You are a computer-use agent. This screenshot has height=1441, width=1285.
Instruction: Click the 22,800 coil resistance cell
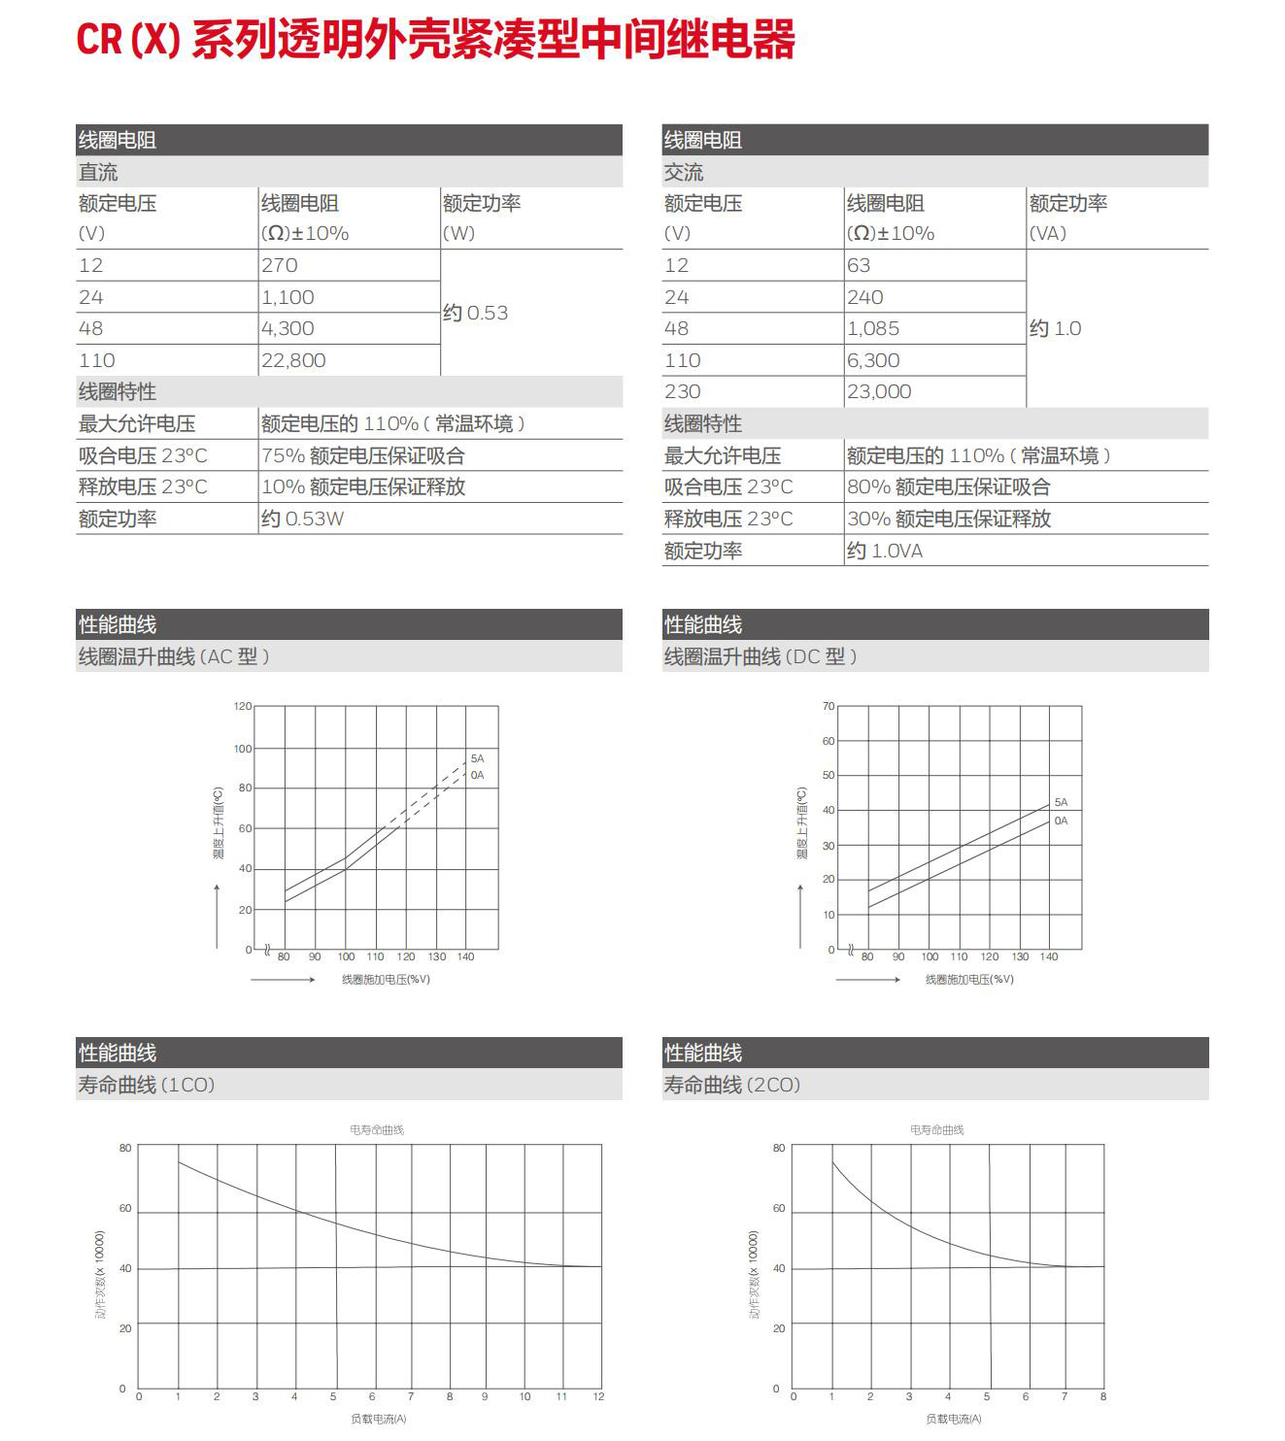293,360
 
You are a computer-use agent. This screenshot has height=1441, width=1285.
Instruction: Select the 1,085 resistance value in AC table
873,328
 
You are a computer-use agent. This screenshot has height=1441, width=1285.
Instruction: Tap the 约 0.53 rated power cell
476,313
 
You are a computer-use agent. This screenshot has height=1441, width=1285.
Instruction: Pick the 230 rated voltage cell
683,391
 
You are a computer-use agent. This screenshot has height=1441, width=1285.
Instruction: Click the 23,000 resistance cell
879,391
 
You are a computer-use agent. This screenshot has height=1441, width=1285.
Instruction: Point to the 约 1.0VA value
885,551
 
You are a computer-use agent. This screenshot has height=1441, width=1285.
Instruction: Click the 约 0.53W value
302,519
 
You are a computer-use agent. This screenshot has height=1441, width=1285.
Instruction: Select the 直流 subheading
98,172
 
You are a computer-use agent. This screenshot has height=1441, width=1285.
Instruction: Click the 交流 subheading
684,172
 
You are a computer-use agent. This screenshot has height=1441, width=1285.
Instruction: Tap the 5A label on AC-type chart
477,758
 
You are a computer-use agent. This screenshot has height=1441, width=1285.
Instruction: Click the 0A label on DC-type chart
1061,821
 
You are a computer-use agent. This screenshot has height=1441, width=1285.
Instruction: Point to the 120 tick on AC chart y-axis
243,706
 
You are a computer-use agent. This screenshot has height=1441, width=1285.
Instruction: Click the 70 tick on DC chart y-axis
828,706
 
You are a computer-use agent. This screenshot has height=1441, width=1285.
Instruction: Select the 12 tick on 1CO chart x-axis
598,1396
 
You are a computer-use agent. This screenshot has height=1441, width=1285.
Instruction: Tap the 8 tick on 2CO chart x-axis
1103,1396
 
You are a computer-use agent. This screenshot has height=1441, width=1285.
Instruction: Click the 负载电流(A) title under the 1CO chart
379,1419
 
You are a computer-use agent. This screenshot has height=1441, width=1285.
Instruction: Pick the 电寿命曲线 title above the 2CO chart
936,1129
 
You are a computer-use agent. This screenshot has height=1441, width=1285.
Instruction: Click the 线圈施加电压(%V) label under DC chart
969,979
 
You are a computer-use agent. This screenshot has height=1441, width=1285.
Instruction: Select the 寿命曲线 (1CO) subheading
147,1085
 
